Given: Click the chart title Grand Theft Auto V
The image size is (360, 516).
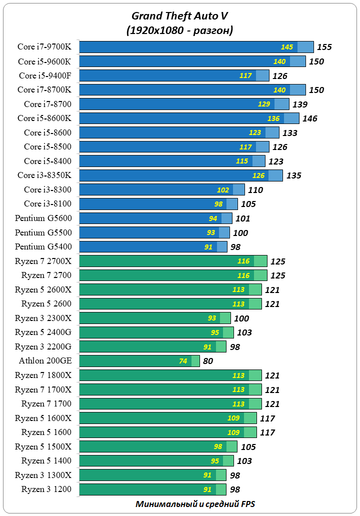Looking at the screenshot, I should tap(179, 16).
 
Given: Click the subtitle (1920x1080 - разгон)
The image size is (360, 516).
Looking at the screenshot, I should tap(179, 30).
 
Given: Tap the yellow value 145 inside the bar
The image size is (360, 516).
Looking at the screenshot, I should tap(287, 47).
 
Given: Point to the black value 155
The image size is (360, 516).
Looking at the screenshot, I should tap(324, 47).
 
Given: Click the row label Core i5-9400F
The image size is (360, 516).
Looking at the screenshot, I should tap(44, 75).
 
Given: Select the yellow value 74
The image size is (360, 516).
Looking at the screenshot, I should tap(183, 361).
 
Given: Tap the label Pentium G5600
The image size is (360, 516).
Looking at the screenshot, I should tap(43, 218).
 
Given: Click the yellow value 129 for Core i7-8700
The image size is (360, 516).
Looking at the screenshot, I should tap(264, 104).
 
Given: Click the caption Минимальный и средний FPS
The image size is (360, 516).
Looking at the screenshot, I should tap(195, 504).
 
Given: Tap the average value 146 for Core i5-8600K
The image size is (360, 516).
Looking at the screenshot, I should tap(309, 118).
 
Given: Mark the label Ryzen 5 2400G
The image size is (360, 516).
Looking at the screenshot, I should tap(43, 332).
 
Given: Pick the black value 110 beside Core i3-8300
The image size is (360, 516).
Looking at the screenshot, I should tap(255, 190).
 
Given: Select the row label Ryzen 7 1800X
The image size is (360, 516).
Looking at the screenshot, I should tap(43, 375).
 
